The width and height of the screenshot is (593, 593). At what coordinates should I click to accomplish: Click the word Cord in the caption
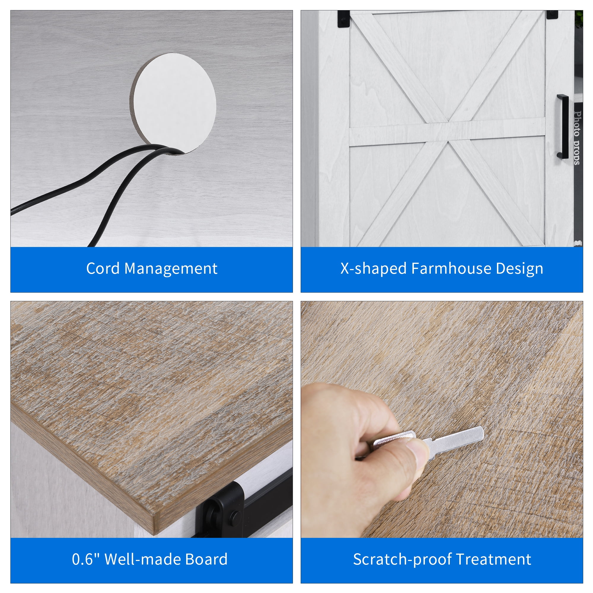103,269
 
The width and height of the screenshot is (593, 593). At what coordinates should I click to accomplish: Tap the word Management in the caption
171,269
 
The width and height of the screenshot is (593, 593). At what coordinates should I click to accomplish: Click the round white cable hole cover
174,103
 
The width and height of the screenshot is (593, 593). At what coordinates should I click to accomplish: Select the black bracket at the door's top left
343,19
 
